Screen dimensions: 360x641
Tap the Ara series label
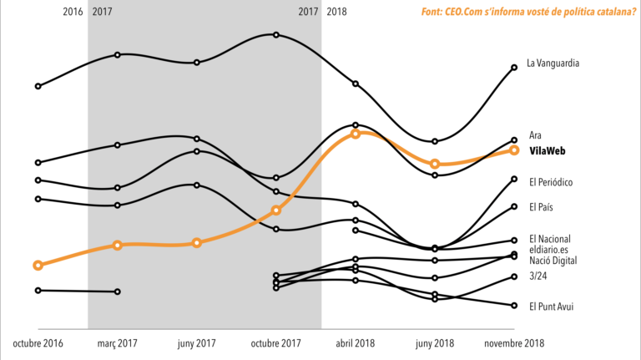click(536, 134)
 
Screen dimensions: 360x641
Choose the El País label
click(543, 206)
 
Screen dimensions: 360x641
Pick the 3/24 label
click(539, 276)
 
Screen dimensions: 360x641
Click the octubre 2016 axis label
click(38, 343)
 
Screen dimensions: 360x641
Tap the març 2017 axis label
click(118, 343)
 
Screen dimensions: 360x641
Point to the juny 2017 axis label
click(196, 343)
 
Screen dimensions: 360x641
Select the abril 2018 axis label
click(356, 343)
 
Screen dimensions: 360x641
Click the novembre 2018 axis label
click(514, 343)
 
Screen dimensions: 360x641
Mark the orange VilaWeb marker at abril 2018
click(356, 133)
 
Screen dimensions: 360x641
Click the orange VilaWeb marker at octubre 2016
click(38, 265)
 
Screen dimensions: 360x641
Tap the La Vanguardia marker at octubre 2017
click(276, 35)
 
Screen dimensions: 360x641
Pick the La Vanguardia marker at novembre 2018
click(514, 68)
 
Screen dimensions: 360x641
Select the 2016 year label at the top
click(73, 12)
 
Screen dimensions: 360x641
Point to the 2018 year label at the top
click(337, 12)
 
